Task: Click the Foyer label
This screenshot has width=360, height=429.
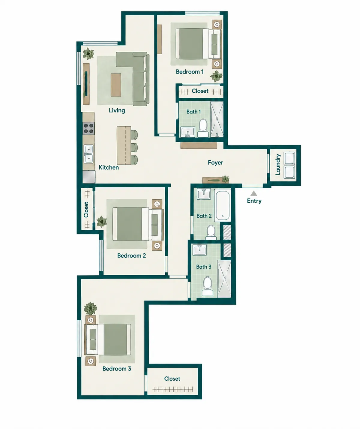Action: (x=215, y=162)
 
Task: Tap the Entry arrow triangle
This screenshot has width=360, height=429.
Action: (x=254, y=193)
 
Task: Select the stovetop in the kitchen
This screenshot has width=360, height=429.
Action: (x=88, y=128)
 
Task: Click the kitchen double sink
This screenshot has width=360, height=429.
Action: (x=88, y=154)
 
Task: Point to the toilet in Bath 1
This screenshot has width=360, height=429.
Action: (x=203, y=127)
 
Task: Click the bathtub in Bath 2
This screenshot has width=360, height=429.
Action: (x=223, y=205)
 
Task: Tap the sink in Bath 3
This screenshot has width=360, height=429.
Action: (x=199, y=250)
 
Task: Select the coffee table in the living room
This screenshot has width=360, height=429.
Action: (x=116, y=85)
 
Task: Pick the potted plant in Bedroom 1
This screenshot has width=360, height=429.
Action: (x=216, y=76)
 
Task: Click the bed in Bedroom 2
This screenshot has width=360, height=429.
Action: (x=138, y=224)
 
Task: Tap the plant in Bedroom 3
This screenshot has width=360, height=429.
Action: (x=90, y=308)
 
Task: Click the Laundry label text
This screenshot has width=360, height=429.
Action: (x=277, y=165)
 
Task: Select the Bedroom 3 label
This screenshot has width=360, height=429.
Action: (x=117, y=369)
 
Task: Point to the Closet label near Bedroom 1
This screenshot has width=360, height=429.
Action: (x=200, y=91)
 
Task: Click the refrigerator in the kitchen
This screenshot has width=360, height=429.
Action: (x=89, y=177)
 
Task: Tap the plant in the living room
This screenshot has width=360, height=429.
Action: (x=88, y=54)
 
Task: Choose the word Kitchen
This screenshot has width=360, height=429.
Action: (x=109, y=168)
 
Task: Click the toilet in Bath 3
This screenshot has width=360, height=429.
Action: (x=207, y=286)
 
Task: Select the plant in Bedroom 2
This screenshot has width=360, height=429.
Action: (x=102, y=222)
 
